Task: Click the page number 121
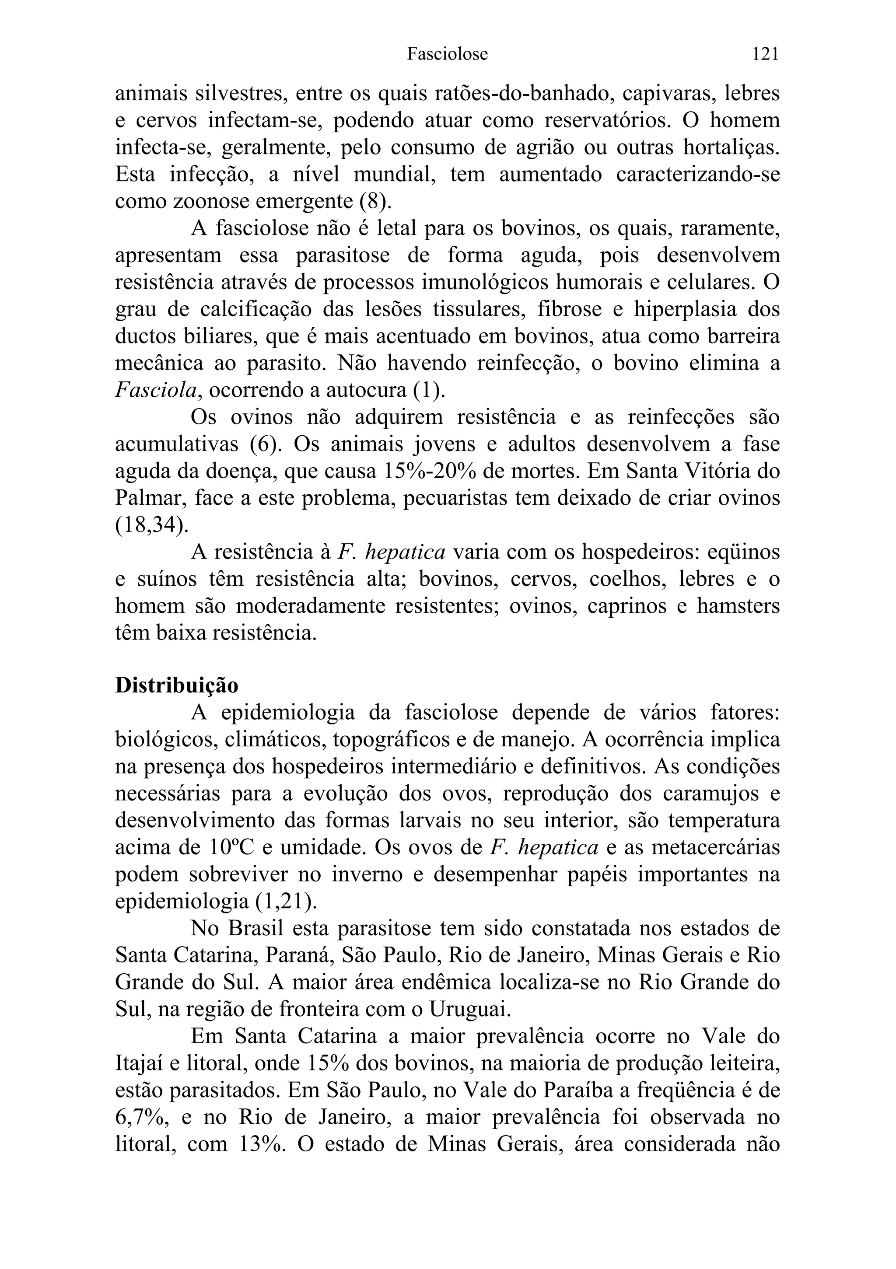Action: pos(765,54)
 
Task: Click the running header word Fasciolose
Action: pos(447,54)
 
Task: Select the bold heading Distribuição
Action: pos(176,685)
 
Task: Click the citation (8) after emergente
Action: pos(375,201)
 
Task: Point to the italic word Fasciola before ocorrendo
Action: pos(156,390)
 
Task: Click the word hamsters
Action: pos(738,606)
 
